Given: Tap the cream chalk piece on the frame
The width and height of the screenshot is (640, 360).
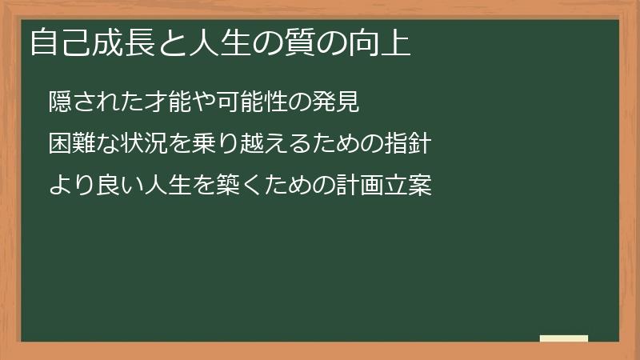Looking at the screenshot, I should tap(564, 339).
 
